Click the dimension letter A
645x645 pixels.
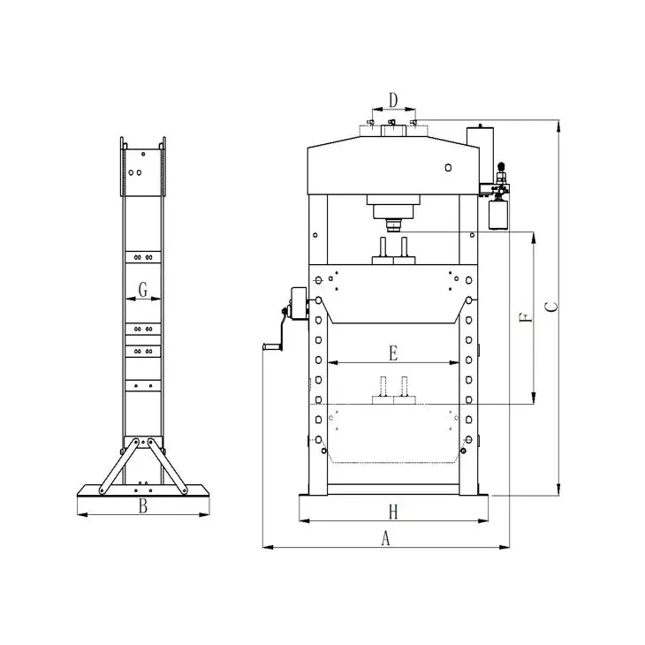click(384, 536)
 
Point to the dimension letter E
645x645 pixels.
click(394, 353)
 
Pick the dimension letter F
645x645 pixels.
click(526, 316)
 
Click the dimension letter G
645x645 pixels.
click(143, 288)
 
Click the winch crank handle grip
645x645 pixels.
click(265, 351)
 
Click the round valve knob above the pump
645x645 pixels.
click(501, 166)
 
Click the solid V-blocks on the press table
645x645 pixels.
click(393, 248)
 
